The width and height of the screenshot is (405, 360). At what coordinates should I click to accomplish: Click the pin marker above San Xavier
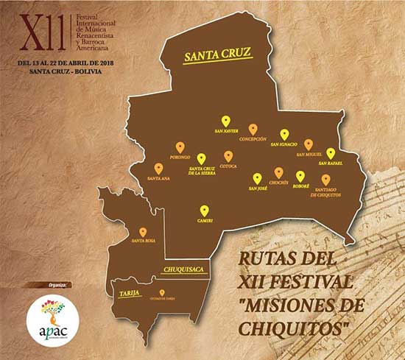click(226, 121)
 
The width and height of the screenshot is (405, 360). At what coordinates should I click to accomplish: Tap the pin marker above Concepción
click(253, 129)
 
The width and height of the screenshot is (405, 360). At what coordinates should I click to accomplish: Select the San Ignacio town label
click(283, 145)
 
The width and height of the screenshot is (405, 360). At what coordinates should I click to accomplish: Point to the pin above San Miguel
click(309, 144)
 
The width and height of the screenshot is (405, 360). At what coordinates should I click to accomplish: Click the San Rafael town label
click(331, 163)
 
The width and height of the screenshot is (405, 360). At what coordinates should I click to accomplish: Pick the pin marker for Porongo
click(180, 147)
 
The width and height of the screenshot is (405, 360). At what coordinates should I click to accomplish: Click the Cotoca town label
click(228, 166)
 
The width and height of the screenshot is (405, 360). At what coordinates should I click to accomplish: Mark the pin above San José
click(257, 178)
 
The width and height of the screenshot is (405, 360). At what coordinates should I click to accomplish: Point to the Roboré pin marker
click(300, 176)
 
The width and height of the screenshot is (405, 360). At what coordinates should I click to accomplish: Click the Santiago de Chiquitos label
click(325, 194)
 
